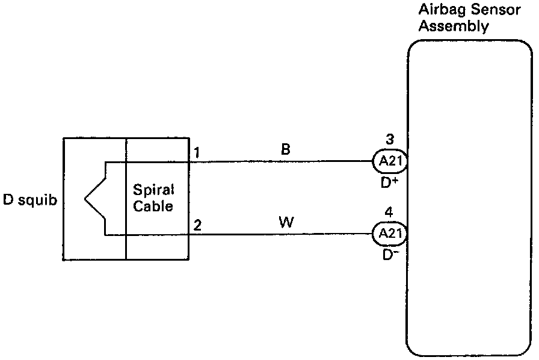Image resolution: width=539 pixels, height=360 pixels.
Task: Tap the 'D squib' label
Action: coord(31,200)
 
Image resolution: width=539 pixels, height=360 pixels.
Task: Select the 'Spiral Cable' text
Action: coord(153,198)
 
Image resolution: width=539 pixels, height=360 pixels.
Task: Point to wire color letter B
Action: coord(286,150)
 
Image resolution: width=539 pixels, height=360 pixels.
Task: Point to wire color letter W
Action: coord(286,223)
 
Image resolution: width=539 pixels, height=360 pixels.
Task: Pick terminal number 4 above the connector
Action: coord(389,213)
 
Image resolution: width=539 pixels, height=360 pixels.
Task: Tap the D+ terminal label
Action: coord(389,182)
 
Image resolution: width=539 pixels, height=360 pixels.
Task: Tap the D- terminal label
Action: coord(389,254)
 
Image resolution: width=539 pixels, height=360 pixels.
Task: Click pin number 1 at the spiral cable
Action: coord(197,153)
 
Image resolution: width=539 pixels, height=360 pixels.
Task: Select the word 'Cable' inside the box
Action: coord(153,206)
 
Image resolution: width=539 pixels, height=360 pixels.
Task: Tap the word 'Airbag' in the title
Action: coord(437,11)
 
